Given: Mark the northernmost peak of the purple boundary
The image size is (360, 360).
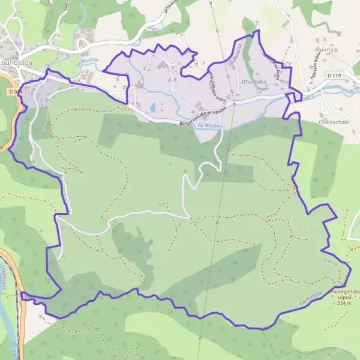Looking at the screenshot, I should pos(258,30).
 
